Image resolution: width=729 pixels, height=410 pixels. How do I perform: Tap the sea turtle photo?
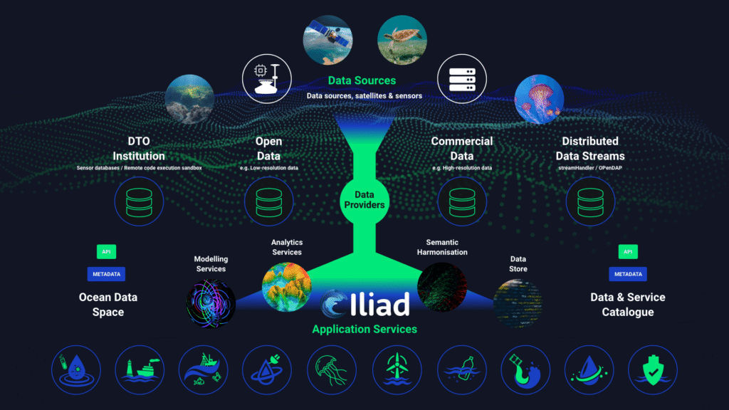(402, 40)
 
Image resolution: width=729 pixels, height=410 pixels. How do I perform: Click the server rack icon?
(461, 79)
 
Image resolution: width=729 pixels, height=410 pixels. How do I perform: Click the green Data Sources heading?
(362, 80)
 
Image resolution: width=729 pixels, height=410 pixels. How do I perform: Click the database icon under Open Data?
(268, 202)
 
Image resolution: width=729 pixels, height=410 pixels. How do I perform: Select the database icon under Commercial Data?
(462, 202)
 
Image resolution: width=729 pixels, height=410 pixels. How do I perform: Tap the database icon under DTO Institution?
(139, 202)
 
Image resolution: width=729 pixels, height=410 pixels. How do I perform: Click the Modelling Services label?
(211, 264)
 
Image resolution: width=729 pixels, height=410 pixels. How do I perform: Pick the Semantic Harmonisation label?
(447, 247)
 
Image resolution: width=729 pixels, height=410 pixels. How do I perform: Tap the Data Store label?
(518, 264)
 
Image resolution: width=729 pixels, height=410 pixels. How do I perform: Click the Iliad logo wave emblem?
(335, 305)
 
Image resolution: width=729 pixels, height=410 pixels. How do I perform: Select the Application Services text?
(364, 329)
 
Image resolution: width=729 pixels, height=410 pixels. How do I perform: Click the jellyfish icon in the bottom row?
(332, 370)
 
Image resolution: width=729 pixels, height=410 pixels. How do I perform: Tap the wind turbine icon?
(396, 370)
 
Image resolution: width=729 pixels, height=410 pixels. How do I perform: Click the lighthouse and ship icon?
(140, 370)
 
